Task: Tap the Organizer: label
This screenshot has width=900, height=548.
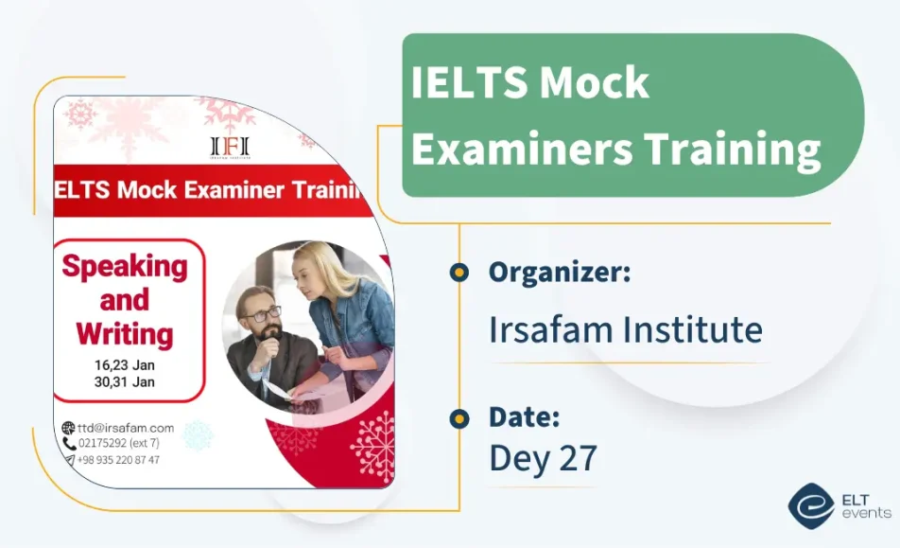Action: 560,273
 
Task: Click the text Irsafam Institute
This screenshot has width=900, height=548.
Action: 625,329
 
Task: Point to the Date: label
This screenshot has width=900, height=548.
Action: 525,416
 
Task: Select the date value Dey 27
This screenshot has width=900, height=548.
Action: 543,458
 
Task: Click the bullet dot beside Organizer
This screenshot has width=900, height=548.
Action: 459,273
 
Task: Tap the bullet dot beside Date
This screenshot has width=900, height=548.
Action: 459,417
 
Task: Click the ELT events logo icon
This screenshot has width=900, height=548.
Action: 810,504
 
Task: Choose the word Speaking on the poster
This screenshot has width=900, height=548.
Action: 125,266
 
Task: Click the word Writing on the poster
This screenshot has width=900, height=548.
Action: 125,333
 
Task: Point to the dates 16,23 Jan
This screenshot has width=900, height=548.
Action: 124,365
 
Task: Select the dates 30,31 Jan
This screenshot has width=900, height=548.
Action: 124,382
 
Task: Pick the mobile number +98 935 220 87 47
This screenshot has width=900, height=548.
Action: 119,460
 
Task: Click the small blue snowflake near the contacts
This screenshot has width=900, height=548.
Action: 198,435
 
